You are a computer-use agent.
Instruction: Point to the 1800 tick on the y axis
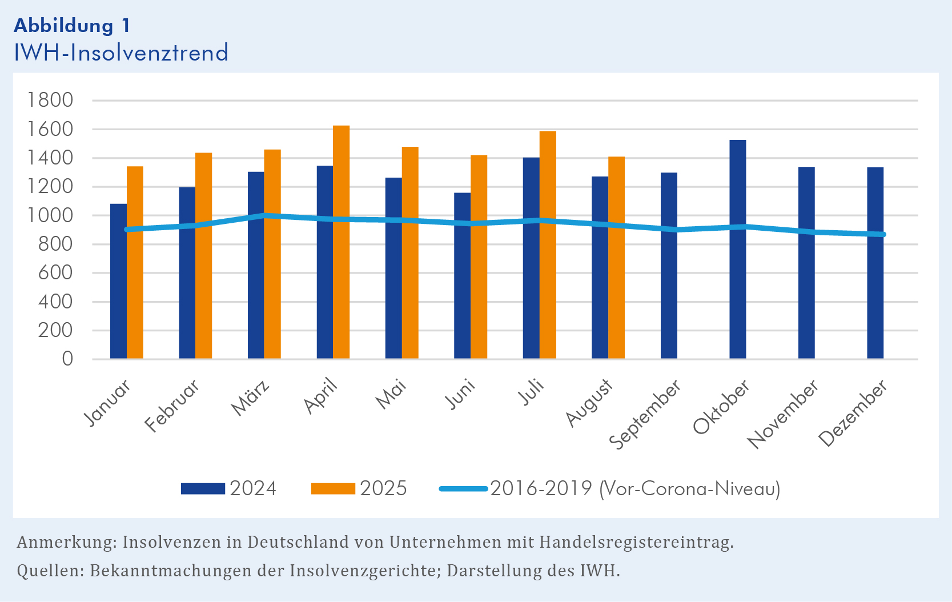point(51,101)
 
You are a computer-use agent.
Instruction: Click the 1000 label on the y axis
point(51,215)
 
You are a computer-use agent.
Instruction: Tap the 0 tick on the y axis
point(67,359)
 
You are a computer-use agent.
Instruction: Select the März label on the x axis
point(251,399)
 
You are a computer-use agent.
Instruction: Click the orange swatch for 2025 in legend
point(333,489)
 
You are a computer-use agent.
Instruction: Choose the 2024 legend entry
point(253,489)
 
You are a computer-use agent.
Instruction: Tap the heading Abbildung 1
point(72,26)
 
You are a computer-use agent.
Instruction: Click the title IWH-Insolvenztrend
point(121,53)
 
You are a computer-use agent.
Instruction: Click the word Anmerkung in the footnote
point(66,542)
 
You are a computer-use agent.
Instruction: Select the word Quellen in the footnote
point(49,571)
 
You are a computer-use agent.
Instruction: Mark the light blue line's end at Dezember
point(883,234)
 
